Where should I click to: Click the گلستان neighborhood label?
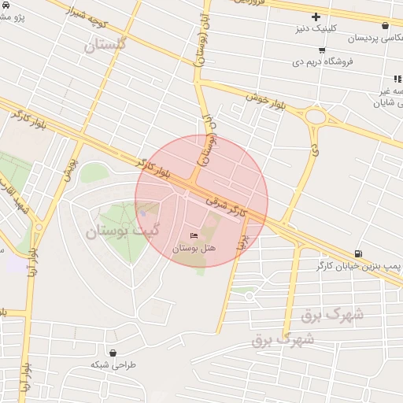click(105, 45)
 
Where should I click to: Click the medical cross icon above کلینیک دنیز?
click(316, 17)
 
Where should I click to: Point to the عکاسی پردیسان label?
click(358, 38)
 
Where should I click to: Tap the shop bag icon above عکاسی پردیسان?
click(385, 25)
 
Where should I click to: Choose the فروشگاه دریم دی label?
click(323, 61)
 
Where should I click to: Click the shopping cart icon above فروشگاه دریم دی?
click(322, 50)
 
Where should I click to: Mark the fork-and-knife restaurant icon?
click(397, 79)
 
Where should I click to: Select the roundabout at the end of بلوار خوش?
click(316, 116)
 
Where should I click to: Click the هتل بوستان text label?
click(194, 249)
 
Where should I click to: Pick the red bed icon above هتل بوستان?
click(194, 236)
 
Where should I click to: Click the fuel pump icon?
click(359, 253)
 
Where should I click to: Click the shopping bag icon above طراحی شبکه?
click(115, 353)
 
